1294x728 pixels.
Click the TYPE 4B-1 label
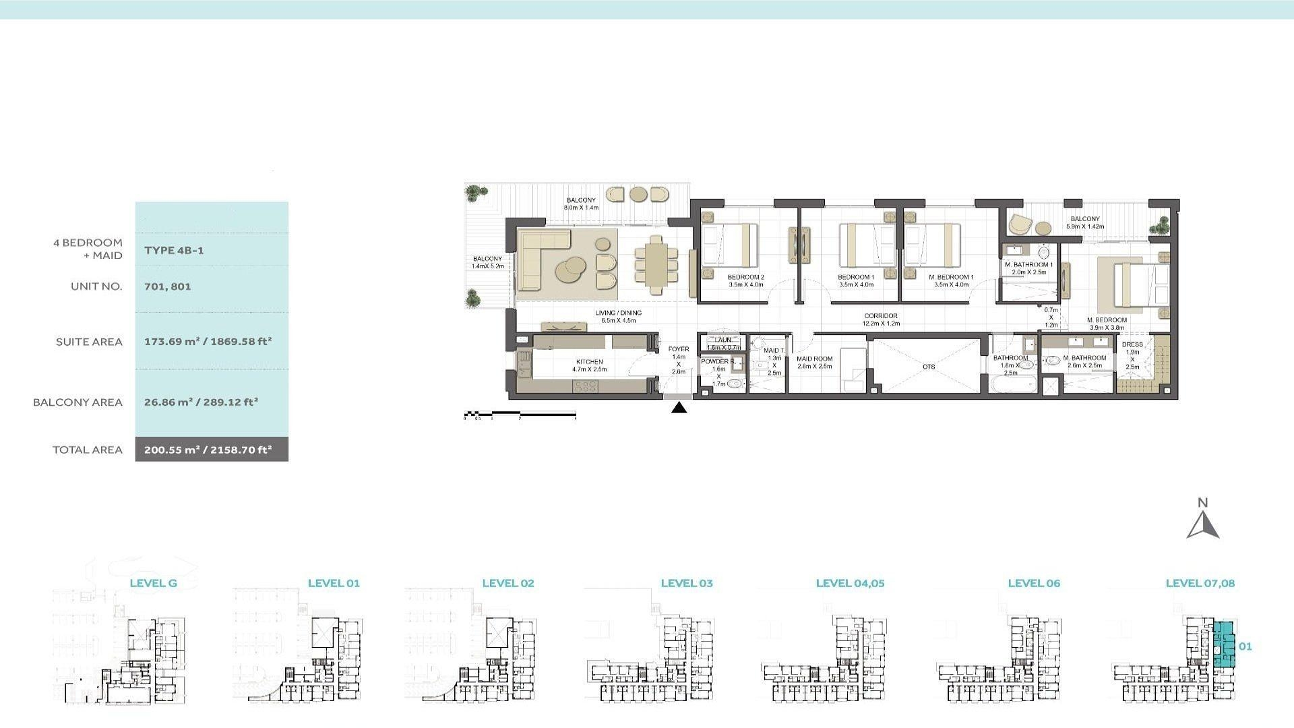click(x=174, y=250)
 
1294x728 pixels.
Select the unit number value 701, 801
click(x=168, y=286)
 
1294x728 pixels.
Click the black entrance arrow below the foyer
click(x=679, y=408)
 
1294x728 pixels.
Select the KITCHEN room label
click(x=589, y=362)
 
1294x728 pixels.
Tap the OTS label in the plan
click(x=928, y=367)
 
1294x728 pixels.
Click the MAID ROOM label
click(x=814, y=359)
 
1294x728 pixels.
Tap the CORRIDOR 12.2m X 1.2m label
click(x=881, y=320)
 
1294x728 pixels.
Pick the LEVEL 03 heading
click(x=686, y=584)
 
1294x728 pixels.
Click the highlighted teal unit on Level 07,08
click(x=1224, y=645)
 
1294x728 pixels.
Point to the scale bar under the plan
click(x=520, y=414)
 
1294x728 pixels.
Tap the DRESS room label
click(x=1132, y=344)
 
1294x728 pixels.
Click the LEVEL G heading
click(x=153, y=584)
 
